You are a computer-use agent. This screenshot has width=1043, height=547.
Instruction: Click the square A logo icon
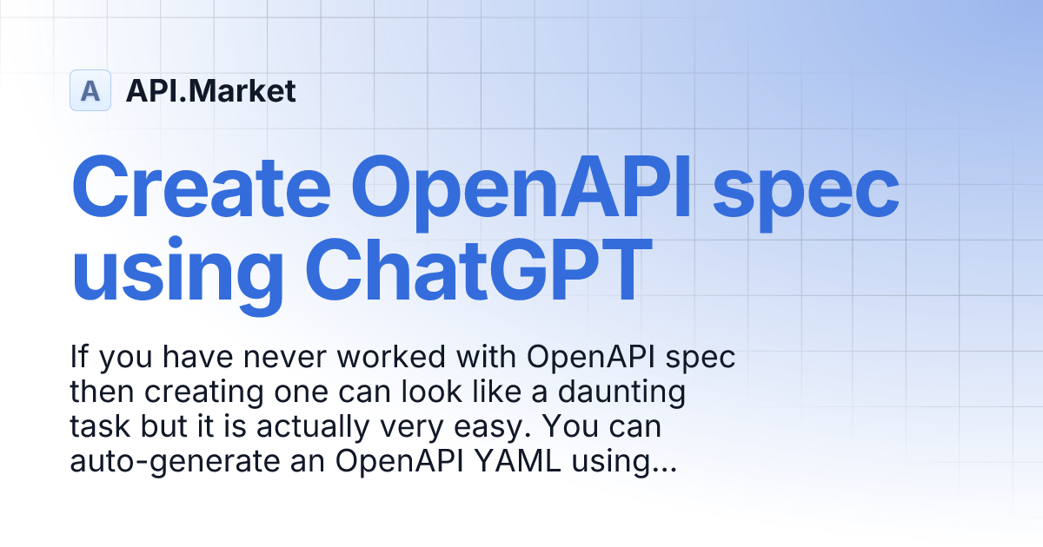tap(90, 90)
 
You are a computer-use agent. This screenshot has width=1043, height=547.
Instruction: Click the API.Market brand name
tap(210, 90)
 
